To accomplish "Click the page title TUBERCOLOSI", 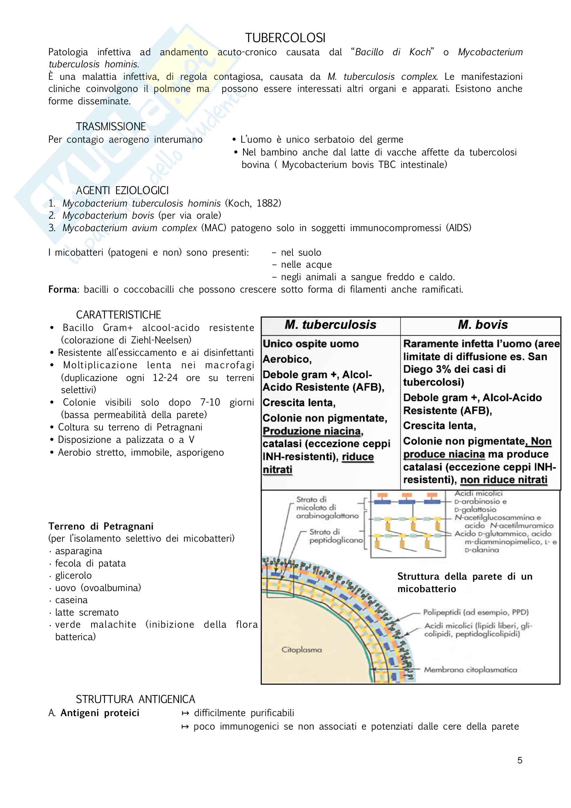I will tap(285, 38).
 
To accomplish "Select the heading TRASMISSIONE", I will tap(111, 126).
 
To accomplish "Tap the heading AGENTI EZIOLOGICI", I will tap(122, 190).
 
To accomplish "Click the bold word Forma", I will tap(62, 289).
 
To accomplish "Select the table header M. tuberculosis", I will tap(330, 324).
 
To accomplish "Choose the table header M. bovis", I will tap(482, 324).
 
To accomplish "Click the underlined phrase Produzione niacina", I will tap(312, 431).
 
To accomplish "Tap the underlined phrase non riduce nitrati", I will tap(503, 480).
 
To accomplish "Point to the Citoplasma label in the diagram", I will tap(301, 650).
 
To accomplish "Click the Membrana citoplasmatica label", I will tap(470, 670).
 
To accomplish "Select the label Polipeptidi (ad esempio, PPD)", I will tap(476, 612).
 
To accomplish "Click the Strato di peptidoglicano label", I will tap(336, 536).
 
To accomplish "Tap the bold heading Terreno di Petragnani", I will tap(101, 526).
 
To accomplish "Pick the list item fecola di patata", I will tap(90, 563).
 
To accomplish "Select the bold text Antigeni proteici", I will tap(100, 713).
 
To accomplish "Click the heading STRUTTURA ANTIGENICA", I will tap(135, 699).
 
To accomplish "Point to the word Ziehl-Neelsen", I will tap(160, 340).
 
